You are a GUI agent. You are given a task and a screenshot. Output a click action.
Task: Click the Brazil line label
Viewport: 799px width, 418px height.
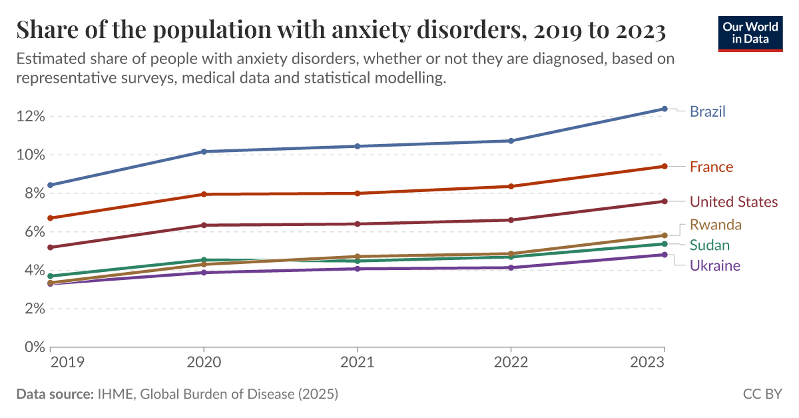click(707, 111)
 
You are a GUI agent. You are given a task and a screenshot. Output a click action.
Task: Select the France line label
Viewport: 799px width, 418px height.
click(711, 167)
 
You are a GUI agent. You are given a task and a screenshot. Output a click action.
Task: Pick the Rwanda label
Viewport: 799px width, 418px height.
click(715, 224)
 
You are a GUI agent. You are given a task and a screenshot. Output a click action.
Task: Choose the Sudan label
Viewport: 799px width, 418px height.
click(709, 245)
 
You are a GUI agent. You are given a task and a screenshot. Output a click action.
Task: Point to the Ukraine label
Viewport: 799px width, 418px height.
click(714, 266)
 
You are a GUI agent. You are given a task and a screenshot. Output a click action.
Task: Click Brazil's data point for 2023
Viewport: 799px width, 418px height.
click(665, 109)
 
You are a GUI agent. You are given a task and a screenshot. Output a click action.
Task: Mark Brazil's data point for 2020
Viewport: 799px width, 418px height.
click(204, 152)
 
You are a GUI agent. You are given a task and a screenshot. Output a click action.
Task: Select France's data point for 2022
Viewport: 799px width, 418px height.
click(511, 187)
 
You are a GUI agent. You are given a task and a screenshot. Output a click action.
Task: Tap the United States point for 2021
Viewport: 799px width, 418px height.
click(358, 224)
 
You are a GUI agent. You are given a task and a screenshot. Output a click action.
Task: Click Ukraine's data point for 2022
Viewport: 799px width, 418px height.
click(511, 268)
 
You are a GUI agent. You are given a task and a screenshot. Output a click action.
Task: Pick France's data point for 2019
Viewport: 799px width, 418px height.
click(51, 218)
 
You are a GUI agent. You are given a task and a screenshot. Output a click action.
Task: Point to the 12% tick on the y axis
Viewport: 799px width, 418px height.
click(31, 117)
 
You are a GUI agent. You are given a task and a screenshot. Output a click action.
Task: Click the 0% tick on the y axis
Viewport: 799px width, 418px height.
click(35, 347)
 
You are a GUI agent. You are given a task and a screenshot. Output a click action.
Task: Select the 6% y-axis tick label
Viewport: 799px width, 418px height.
click(35, 232)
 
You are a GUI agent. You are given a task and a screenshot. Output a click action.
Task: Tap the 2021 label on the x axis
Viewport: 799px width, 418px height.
click(358, 362)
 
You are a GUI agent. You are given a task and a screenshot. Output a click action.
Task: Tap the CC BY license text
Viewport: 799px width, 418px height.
click(762, 395)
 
